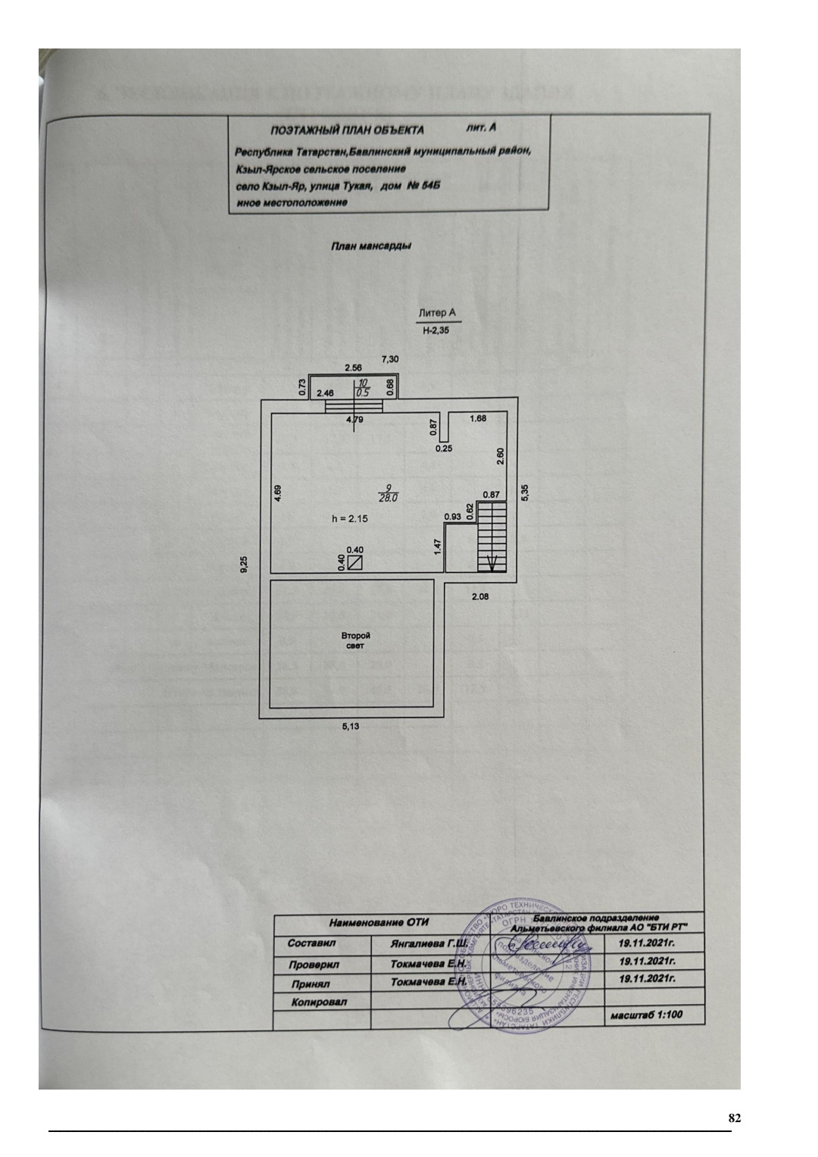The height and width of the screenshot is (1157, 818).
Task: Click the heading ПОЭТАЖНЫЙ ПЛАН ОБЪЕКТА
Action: (x=348, y=130)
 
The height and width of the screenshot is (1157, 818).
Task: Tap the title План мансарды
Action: (x=371, y=245)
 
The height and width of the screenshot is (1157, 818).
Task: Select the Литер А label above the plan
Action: (x=436, y=312)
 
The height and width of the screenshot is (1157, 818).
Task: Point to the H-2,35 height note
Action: (x=436, y=330)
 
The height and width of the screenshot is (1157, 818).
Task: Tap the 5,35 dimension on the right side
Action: (x=526, y=491)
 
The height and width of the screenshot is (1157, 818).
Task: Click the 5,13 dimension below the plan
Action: (x=351, y=727)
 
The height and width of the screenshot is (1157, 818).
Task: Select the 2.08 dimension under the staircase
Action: (x=480, y=597)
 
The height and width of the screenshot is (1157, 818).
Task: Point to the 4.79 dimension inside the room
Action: (x=354, y=418)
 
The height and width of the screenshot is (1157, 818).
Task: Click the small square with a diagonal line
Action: (x=354, y=562)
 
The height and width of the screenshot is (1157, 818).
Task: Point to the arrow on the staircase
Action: (x=491, y=562)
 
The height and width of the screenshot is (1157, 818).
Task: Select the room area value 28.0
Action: (x=389, y=498)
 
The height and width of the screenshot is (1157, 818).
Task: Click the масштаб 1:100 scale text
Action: (x=643, y=1015)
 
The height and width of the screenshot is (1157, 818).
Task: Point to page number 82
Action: (x=733, y=1118)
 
